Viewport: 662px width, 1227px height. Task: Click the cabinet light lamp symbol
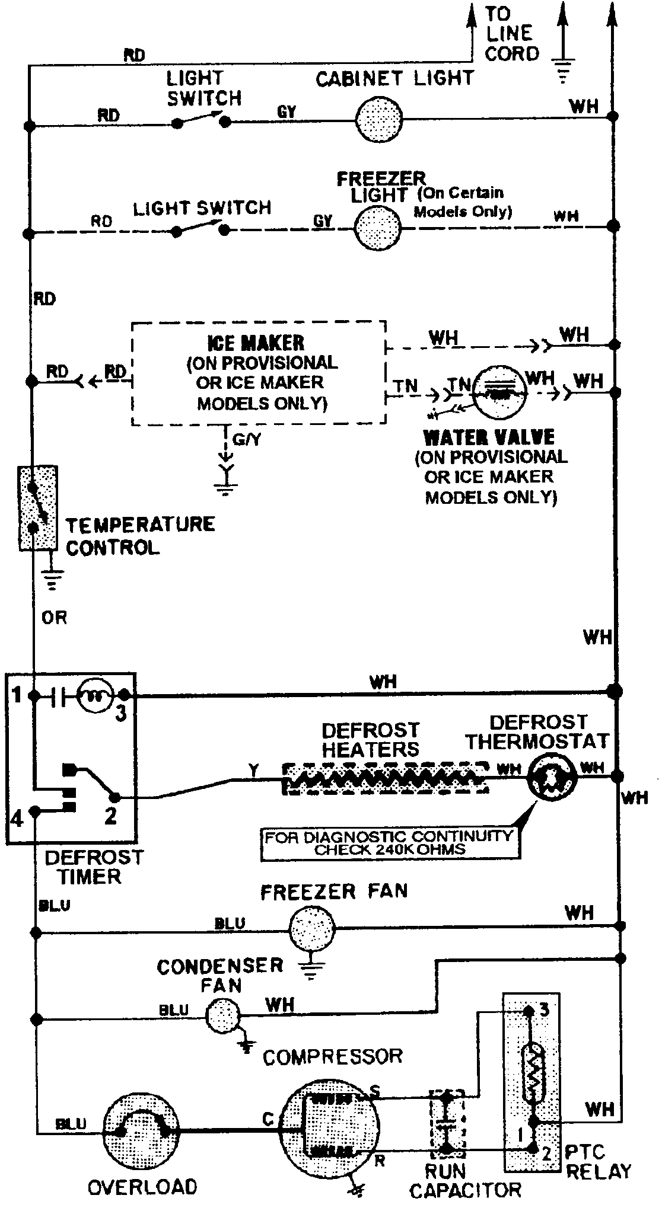[380, 119]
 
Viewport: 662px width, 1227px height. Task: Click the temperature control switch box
[38, 508]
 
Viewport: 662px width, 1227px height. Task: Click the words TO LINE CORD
[512, 34]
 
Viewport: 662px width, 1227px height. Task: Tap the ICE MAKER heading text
[256, 343]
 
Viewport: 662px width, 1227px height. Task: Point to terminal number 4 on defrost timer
[17, 819]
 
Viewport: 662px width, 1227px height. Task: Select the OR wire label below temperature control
[55, 618]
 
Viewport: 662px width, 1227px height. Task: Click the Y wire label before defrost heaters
[254, 770]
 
